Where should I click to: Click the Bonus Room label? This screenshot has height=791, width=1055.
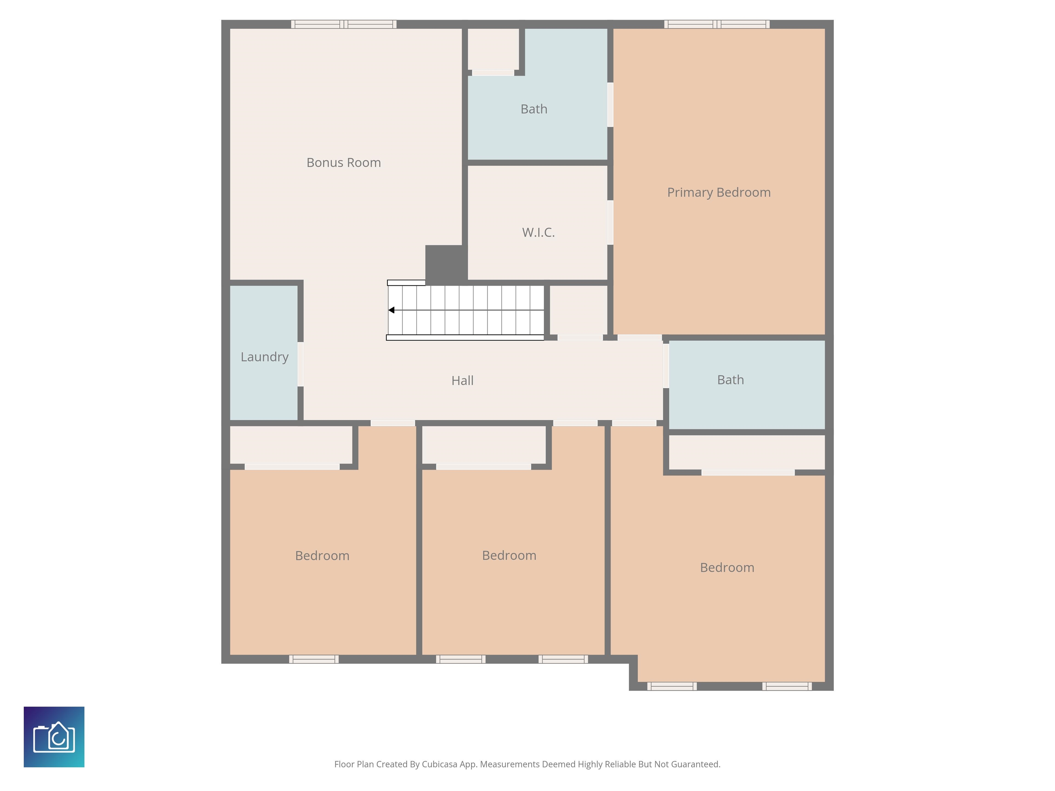tap(343, 163)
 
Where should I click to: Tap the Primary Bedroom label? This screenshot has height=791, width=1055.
tap(719, 192)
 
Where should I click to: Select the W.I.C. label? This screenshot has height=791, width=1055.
tap(538, 232)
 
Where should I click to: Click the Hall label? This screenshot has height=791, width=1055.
tap(462, 380)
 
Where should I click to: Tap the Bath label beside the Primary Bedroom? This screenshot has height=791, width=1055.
tap(534, 109)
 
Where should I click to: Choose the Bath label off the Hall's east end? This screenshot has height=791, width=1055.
tap(730, 380)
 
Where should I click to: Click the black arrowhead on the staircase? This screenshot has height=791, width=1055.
tap(391, 310)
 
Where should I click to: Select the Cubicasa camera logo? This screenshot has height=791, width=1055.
tap(54, 737)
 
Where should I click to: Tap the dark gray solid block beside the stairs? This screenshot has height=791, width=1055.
tap(446, 263)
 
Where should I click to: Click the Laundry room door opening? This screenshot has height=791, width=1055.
tap(300, 364)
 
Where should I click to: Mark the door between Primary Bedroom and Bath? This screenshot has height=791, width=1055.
tap(610, 105)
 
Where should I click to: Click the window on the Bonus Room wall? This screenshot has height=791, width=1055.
tap(344, 24)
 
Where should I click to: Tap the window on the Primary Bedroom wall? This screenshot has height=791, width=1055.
tap(717, 24)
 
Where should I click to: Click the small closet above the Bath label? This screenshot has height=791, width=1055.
tap(493, 49)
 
